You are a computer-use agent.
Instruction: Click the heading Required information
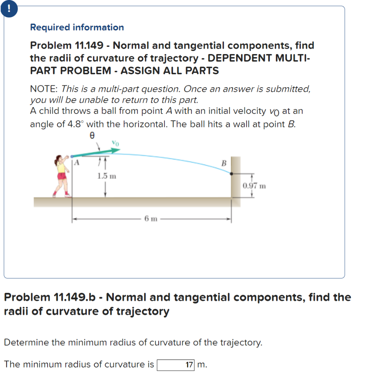point(77,27)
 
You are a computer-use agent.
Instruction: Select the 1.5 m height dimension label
point(107,176)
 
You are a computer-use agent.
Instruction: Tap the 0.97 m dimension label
point(254,186)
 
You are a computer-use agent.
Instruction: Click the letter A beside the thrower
point(76,163)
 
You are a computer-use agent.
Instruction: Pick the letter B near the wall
point(224,163)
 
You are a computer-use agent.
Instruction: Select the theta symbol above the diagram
point(91,135)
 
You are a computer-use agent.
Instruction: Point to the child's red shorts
point(62,176)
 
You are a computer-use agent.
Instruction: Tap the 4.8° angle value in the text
point(76,125)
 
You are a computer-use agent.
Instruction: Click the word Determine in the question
point(26,342)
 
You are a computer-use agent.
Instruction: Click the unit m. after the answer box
point(202,364)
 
